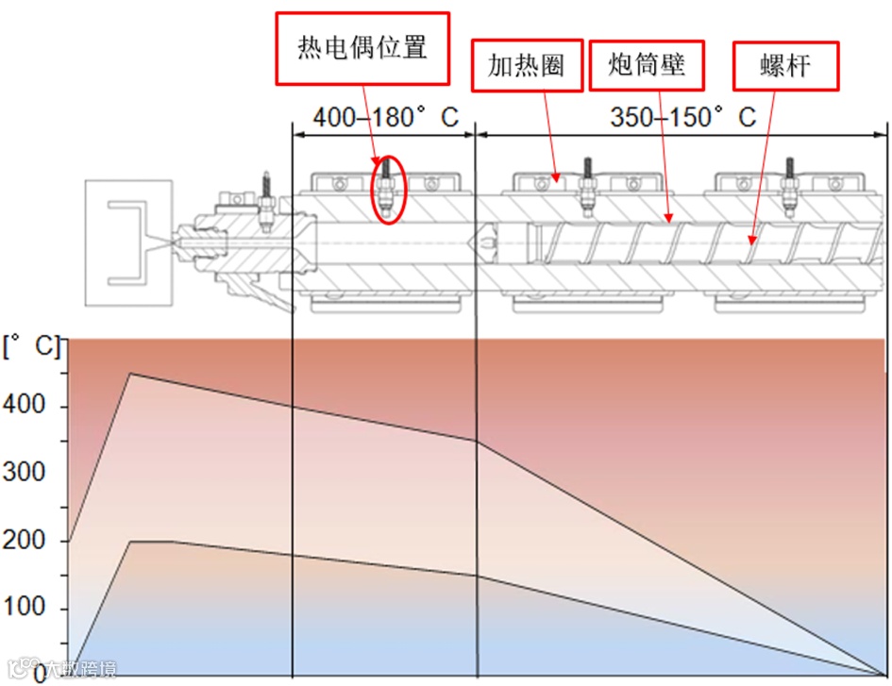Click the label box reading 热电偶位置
click(362, 48)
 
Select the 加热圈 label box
click(527, 65)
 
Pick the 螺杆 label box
click(785, 66)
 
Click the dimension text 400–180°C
click(385, 118)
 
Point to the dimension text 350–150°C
click(682, 118)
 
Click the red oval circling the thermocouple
click(387, 190)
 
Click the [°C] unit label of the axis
click(28, 347)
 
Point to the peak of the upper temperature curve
click(129, 374)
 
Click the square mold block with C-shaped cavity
click(128, 243)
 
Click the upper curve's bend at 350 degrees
click(477, 441)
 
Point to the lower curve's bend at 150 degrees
click(477, 576)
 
